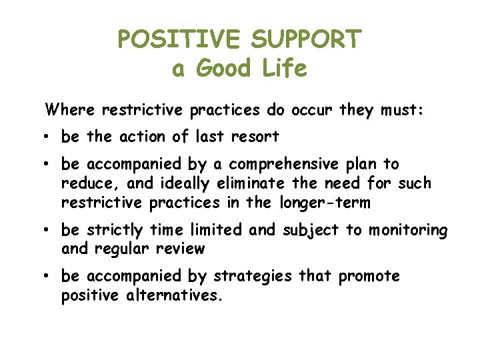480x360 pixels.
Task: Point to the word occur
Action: tap(311, 109)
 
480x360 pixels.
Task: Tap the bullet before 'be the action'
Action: tap(50, 137)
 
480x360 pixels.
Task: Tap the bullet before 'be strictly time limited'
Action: tap(50, 231)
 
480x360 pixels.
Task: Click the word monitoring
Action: tap(407, 230)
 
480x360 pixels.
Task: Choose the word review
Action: tap(182, 249)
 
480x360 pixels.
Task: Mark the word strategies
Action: tap(248, 276)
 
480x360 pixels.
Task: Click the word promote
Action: tap(369, 276)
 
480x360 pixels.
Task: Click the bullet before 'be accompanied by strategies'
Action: tap(50, 277)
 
